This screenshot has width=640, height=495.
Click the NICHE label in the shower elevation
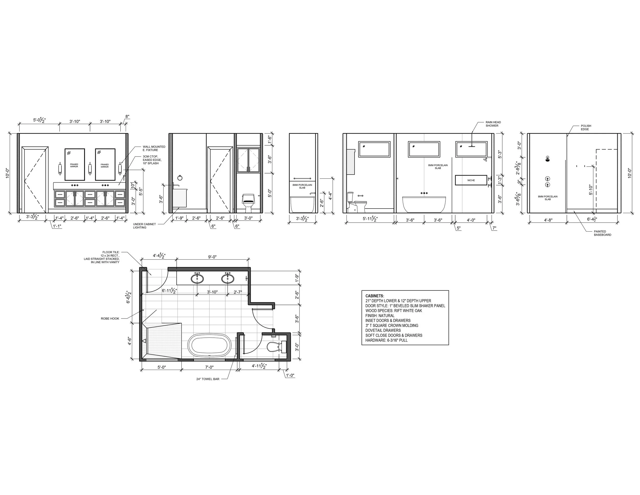pos(471,180)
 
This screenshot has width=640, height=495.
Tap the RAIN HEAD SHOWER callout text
pos(493,124)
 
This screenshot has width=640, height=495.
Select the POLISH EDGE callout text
pos(586,128)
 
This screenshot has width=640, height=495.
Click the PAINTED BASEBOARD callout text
pos(602,233)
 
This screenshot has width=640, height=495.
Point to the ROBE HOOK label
pos(110,318)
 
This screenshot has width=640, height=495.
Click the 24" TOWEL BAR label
pos(208,379)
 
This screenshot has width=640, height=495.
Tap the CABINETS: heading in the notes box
pos(375,296)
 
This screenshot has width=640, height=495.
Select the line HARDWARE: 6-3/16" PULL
pos(386,340)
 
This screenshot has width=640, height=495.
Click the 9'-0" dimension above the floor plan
pos(212,257)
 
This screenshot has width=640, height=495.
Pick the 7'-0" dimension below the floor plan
pos(209,367)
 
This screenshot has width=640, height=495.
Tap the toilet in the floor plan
pos(277,347)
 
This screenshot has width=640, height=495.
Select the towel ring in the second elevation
pos(180,178)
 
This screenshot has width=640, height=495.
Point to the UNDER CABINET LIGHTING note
pos(144,226)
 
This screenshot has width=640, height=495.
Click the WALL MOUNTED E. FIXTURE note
pos(154,148)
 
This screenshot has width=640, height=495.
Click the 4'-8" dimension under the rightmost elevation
pos(548,220)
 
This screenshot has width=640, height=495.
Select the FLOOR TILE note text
pos(101,257)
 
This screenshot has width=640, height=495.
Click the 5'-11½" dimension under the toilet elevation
pos(370,219)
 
